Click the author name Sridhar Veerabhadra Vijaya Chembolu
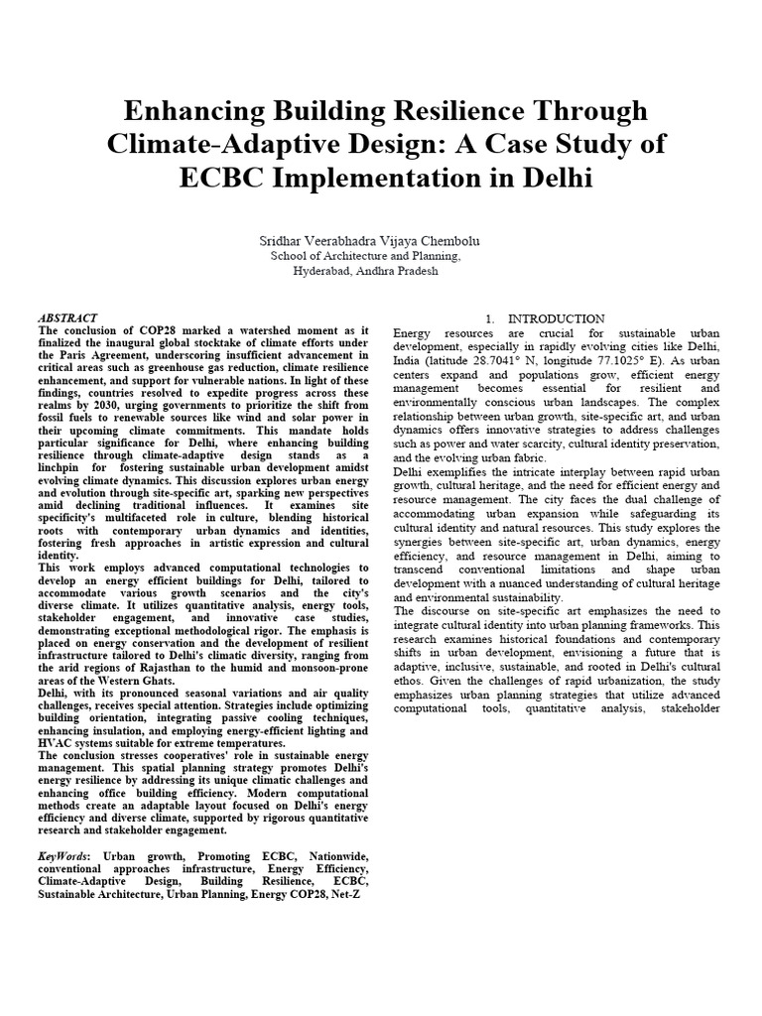click(x=380, y=240)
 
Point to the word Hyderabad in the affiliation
click(x=326, y=270)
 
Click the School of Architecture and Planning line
click(x=380, y=255)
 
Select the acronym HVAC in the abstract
click(x=56, y=743)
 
